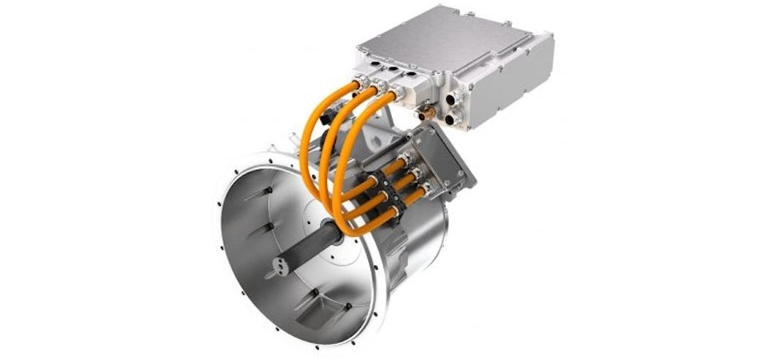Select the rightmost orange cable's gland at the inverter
(399, 94)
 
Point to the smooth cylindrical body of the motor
(417, 249)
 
